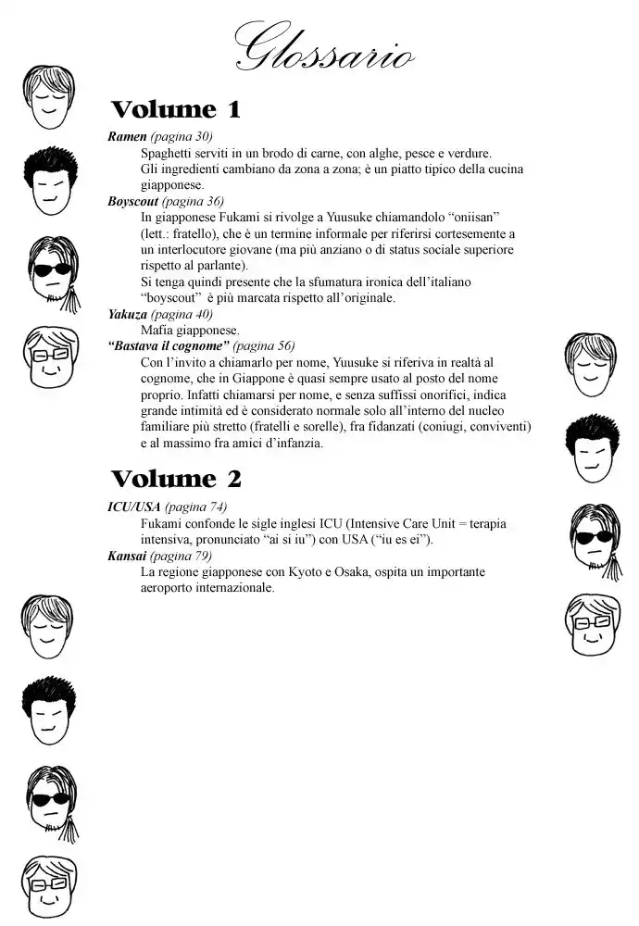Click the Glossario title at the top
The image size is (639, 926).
323,46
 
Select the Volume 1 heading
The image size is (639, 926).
175,109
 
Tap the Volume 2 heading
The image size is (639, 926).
176,479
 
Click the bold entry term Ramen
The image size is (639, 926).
127,137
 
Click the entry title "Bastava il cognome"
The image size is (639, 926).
169,346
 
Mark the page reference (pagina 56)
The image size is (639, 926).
264,346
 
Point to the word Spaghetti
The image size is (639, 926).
169,154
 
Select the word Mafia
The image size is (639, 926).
157,331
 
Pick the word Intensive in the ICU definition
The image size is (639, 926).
375,524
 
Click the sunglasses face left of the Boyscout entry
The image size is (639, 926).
52,269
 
